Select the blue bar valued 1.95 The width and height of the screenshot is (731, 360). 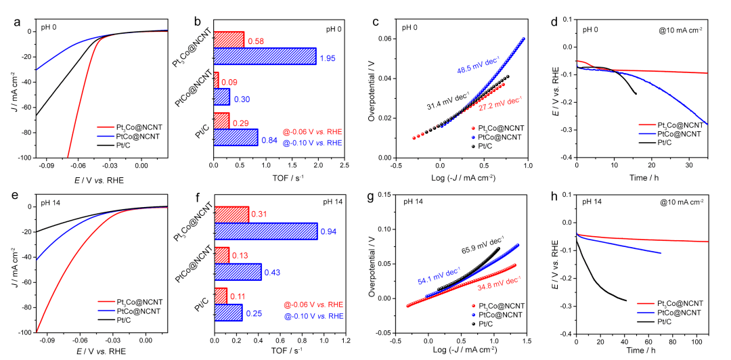coord(265,56)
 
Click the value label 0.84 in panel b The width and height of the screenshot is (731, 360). coord(269,141)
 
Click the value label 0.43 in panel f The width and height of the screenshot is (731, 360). coord(272,273)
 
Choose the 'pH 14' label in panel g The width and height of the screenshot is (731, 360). coord(414,202)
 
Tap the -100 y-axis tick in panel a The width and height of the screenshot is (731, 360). coord(24,158)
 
